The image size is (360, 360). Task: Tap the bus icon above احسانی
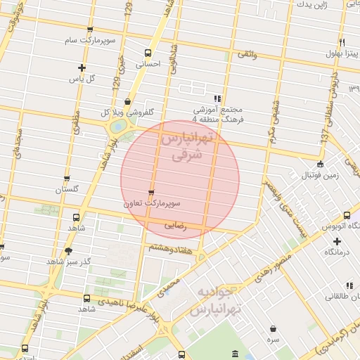[148, 53]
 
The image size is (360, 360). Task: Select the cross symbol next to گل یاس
[82, 68]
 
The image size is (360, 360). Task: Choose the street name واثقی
[247, 54]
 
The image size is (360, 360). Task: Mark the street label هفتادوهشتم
[168, 248]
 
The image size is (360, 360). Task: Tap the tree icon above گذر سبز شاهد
[68, 250]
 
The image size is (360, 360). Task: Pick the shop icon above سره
[273, 328]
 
